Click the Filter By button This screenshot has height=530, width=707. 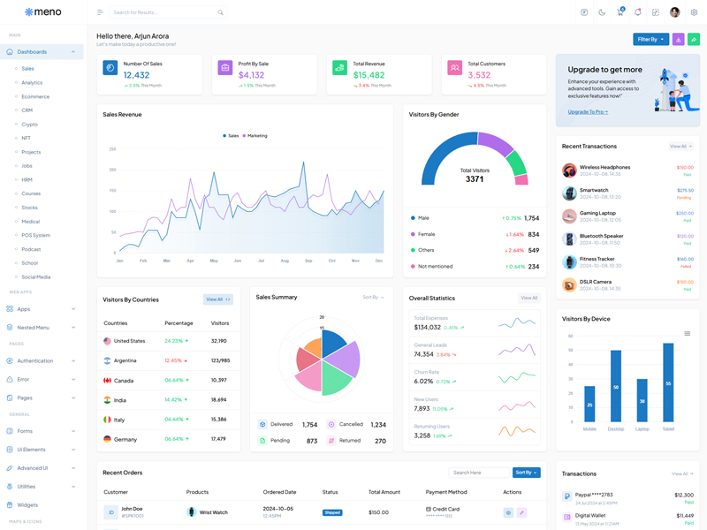650,39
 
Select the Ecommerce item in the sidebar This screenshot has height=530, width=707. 35,96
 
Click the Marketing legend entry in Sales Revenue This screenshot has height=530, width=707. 256,136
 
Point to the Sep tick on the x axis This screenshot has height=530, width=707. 308,261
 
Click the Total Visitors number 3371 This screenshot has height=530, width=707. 475,179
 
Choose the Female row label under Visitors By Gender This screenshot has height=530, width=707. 426,234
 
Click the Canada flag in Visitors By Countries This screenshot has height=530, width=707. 107,380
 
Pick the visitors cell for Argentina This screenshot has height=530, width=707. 220,360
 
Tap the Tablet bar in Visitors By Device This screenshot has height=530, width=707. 668,382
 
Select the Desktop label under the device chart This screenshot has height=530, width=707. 616,428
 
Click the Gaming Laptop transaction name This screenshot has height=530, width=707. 597,213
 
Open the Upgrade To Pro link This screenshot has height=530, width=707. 587,112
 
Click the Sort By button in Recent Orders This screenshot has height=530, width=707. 526,473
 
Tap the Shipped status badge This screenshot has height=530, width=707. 332,512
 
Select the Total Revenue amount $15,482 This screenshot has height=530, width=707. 369,75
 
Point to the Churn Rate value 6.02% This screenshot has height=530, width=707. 423,382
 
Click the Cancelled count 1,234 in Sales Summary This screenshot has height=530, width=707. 378,425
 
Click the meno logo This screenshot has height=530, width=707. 42,12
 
